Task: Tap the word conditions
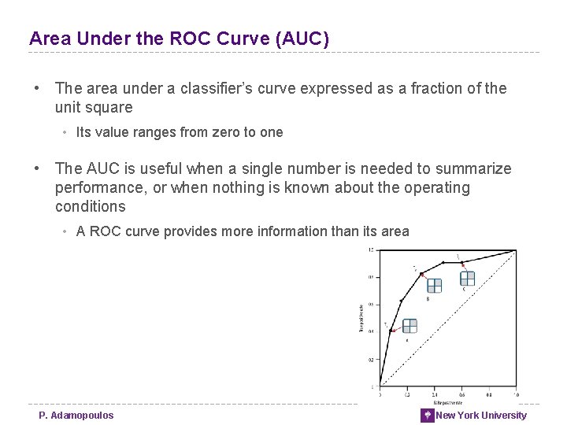coord(90,207)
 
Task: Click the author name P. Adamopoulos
coord(76,416)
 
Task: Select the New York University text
coord(481,416)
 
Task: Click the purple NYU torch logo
coord(428,416)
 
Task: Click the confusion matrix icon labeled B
coord(434,285)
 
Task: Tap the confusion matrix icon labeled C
coord(468,277)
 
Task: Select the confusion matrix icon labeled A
coord(409,326)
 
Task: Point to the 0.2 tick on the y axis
coord(369,359)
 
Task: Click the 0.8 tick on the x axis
coord(488,394)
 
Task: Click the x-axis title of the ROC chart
coord(447,401)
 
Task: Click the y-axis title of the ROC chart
coord(361,317)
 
